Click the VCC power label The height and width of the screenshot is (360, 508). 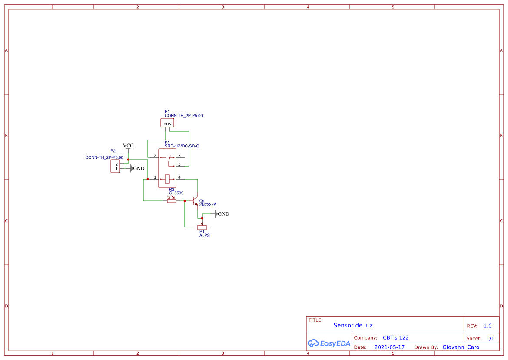pyautogui.click(x=128, y=146)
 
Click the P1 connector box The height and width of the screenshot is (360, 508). pyautogui.click(x=167, y=123)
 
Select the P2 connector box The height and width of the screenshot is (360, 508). pyautogui.click(x=115, y=166)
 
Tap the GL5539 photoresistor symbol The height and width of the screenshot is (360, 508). pyautogui.click(x=172, y=201)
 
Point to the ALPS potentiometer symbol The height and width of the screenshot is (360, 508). pyautogui.click(x=202, y=227)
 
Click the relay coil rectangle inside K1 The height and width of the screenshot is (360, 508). pyautogui.click(x=167, y=178)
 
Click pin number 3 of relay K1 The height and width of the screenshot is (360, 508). pyautogui.click(x=179, y=156)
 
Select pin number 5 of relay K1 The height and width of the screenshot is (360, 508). pyautogui.click(x=179, y=164)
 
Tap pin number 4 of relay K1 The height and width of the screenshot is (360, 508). pyautogui.click(x=179, y=177)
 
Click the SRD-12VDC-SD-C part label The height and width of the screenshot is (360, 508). pyautogui.click(x=182, y=146)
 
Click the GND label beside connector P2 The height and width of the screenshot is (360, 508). pyautogui.click(x=139, y=168)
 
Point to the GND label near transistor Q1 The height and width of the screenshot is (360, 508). pyautogui.click(x=223, y=214)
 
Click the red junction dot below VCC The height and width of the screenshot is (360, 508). pyautogui.click(x=128, y=160)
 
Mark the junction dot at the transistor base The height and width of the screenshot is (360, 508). pyautogui.click(x=185, y=201)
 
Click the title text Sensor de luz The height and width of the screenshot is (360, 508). pyautogui.click(x=353, y=325)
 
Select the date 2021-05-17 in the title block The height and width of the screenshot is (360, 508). pyautogui.click(x=389, y=347)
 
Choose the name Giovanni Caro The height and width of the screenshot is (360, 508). pyautogui.click(x=461, y=347)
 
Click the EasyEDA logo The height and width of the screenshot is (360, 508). pyautogui.click(x=329, y=343)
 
